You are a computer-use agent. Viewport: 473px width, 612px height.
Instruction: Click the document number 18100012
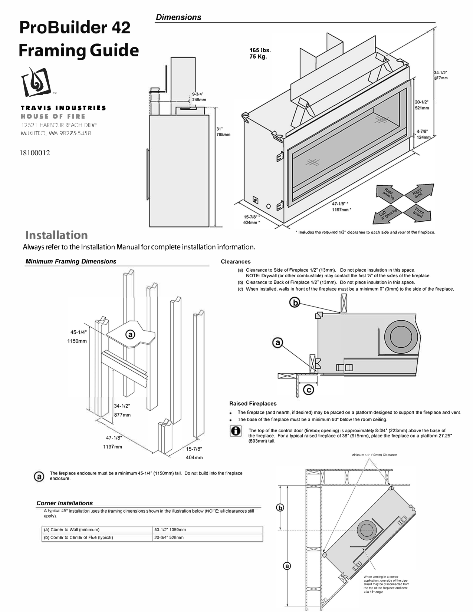coord(35,153)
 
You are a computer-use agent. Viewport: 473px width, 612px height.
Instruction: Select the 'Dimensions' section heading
coord(178,17)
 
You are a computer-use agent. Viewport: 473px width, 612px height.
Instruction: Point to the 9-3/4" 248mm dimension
coord(199,97)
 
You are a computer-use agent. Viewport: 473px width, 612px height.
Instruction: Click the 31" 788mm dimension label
coord(223,132)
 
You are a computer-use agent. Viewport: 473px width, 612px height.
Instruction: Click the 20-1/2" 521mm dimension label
coord(422,105)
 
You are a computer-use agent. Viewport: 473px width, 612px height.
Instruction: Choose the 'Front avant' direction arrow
coord(419,213)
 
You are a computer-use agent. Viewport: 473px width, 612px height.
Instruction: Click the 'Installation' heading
coord(56,235)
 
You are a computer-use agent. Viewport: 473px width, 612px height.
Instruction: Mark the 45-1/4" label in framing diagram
coord(79,333)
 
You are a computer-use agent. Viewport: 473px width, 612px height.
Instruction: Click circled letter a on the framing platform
coord(130,334)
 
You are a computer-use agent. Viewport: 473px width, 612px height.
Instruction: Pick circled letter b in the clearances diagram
coord(295,303)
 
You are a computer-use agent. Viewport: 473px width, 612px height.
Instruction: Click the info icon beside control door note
coord(235,431)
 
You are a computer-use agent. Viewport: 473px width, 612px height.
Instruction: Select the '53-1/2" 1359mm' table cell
coord(207,530)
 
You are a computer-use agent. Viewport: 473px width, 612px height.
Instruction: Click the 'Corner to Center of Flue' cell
coord(97,537)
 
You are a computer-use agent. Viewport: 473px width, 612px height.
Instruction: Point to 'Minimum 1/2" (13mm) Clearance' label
coord(374,455)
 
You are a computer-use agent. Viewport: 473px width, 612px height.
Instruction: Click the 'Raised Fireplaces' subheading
coord(253,403)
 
